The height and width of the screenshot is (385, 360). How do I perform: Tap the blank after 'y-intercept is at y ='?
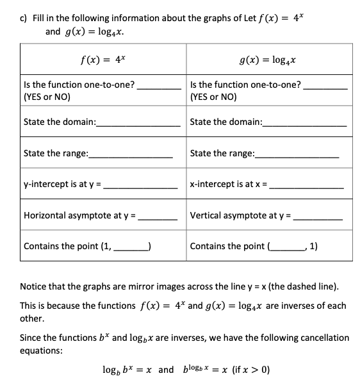point(141,186)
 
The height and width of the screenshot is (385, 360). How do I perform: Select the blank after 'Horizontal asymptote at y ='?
point(159,217)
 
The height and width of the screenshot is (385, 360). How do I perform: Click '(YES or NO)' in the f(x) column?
point(47,97)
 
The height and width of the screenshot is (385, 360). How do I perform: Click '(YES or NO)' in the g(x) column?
point(213,97)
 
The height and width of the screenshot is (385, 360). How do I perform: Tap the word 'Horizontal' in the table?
point(47,216)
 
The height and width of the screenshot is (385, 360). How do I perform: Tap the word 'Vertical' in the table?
point(208,216)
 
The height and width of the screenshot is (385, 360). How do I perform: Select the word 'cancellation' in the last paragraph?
point(322,337)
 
